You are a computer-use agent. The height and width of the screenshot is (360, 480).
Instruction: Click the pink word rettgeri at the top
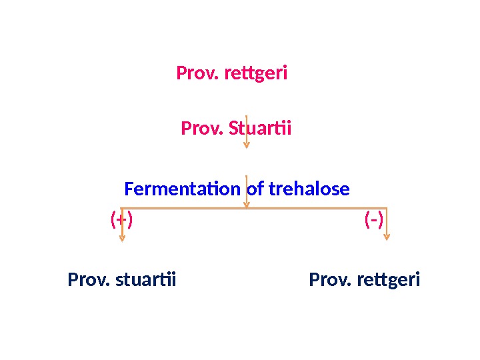pyautogui.click(x=256, y=73)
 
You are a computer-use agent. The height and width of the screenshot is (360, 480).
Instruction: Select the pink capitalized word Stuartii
pyautogui.click(x=260, y=127)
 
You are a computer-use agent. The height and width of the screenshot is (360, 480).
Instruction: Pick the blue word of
pyautogui.click(x=255, y=189)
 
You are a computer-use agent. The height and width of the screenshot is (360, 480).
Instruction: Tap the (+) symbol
pyautogui.click(x=121, y=219)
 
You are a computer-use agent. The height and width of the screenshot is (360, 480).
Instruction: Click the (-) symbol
pyautogui.click(x=374, y=219)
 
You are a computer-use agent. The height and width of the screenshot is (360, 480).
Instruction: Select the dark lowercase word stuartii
pyautogui.click(x=146, y=279)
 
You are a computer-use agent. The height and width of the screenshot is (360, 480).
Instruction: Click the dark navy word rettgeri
pyautogui.click(x=389, y=279)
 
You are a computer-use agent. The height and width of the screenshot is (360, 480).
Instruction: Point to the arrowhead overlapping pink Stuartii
pyautogui.click(x=247, y=145)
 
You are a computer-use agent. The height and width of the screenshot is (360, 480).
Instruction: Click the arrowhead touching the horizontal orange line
pyautogui.click(x=247, y=205)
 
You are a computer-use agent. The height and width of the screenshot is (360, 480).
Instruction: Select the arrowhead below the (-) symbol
pyautogui.click(x=387, y=236)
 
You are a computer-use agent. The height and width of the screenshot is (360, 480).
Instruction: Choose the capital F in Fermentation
pyautogui.click(x=129, y=189)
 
